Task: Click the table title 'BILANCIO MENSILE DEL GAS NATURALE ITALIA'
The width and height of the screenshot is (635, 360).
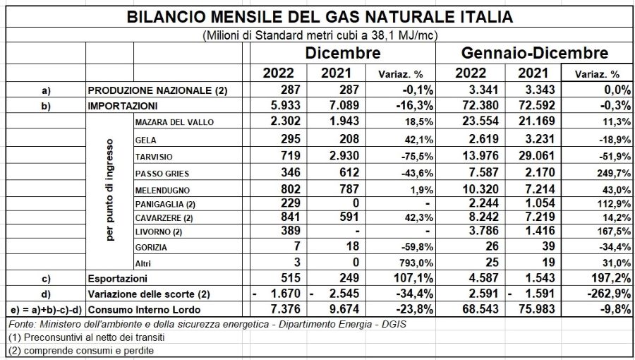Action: pyautogui.click(x=320, y=17)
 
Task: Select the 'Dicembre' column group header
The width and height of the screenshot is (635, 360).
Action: pyautogui.click(x=343, y=53)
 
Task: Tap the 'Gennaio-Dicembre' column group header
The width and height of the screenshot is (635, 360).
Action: pyautogui.click(x=535, y=53)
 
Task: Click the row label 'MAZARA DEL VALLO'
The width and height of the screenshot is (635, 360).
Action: pyautogui.click(x=174, y=122)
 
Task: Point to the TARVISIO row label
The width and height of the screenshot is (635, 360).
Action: pyautogui.click(x=154, y=157)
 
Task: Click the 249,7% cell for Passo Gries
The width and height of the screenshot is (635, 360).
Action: pyautogui.click(x=614, y=174)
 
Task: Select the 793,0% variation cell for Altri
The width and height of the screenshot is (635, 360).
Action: pyautogui.click(x=416, y=263)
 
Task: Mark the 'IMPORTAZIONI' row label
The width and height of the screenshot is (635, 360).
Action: pyautogui.click(x=122, y=106)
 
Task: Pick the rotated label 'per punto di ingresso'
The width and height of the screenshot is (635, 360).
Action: pyautogui.click(x=110, y=190)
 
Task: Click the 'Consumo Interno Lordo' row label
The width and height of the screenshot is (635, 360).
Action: pyautogui.click(x=144, y=310)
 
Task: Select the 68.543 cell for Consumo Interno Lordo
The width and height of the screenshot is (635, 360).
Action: pyautogui.click(x=480, y=309)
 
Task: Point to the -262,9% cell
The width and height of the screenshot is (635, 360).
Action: pyautogui.click(x=609, y=294)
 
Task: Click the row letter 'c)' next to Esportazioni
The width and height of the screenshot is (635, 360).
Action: pyautogui.click(x=46, y=279)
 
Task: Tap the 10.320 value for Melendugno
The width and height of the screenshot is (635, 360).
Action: pyautogui.click(x=480, y=189)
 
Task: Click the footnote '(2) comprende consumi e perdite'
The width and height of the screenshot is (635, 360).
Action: pyautogui.click(x=81, y=350)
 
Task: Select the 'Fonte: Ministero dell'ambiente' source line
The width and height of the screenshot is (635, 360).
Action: pyautogui.click(x=207, y=324)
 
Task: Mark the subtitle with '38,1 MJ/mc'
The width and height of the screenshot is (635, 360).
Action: pyautogui.click(x=320, y=35)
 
